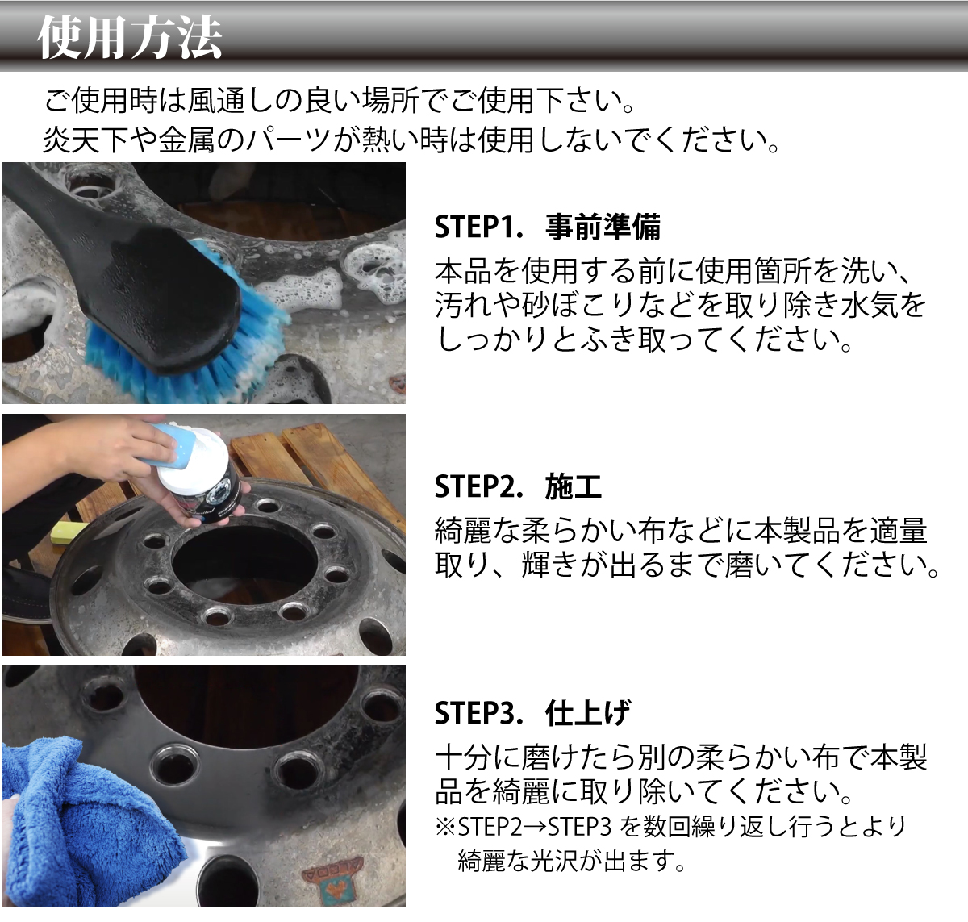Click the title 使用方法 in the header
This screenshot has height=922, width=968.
click(129, 37)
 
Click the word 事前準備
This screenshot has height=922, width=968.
click(603, 227)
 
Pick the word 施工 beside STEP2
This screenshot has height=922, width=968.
click(574, 487)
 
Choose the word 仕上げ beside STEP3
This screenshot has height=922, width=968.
click(588, 714)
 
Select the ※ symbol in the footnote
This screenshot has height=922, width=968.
click(445, 827)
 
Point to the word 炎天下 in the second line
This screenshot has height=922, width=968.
click(85, 140)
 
